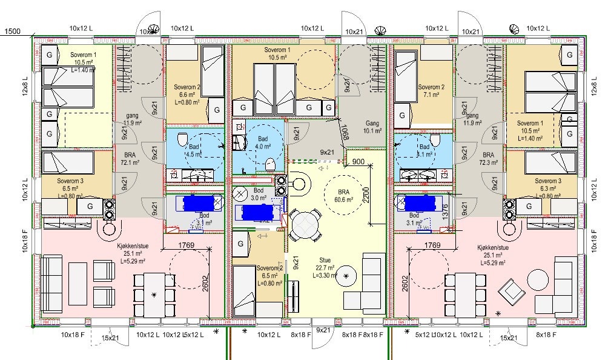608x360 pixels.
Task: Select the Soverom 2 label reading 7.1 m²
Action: tap(431, 91)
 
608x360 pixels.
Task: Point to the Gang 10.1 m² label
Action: tap(372, 126)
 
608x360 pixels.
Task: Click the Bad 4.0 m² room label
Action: tap(263, 142)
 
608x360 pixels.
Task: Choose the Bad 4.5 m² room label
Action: tap(194, 150)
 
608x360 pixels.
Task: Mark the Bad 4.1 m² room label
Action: tap(425, 150)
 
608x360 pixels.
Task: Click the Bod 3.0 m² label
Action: tap(259, 194)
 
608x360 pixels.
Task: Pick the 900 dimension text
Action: tap(358, 162)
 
